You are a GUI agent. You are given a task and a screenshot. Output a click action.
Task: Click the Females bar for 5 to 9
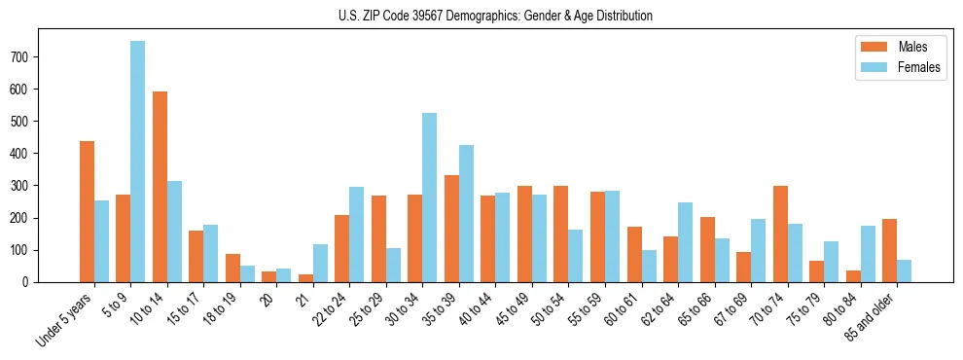coord(138,162)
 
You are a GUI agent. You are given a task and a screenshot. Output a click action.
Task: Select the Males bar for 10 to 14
coord(160,187)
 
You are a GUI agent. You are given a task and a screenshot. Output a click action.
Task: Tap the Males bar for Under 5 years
coord(87,211)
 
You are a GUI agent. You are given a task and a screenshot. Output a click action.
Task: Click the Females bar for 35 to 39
coord(466,213)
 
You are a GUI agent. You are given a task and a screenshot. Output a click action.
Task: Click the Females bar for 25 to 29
coord(393,265)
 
